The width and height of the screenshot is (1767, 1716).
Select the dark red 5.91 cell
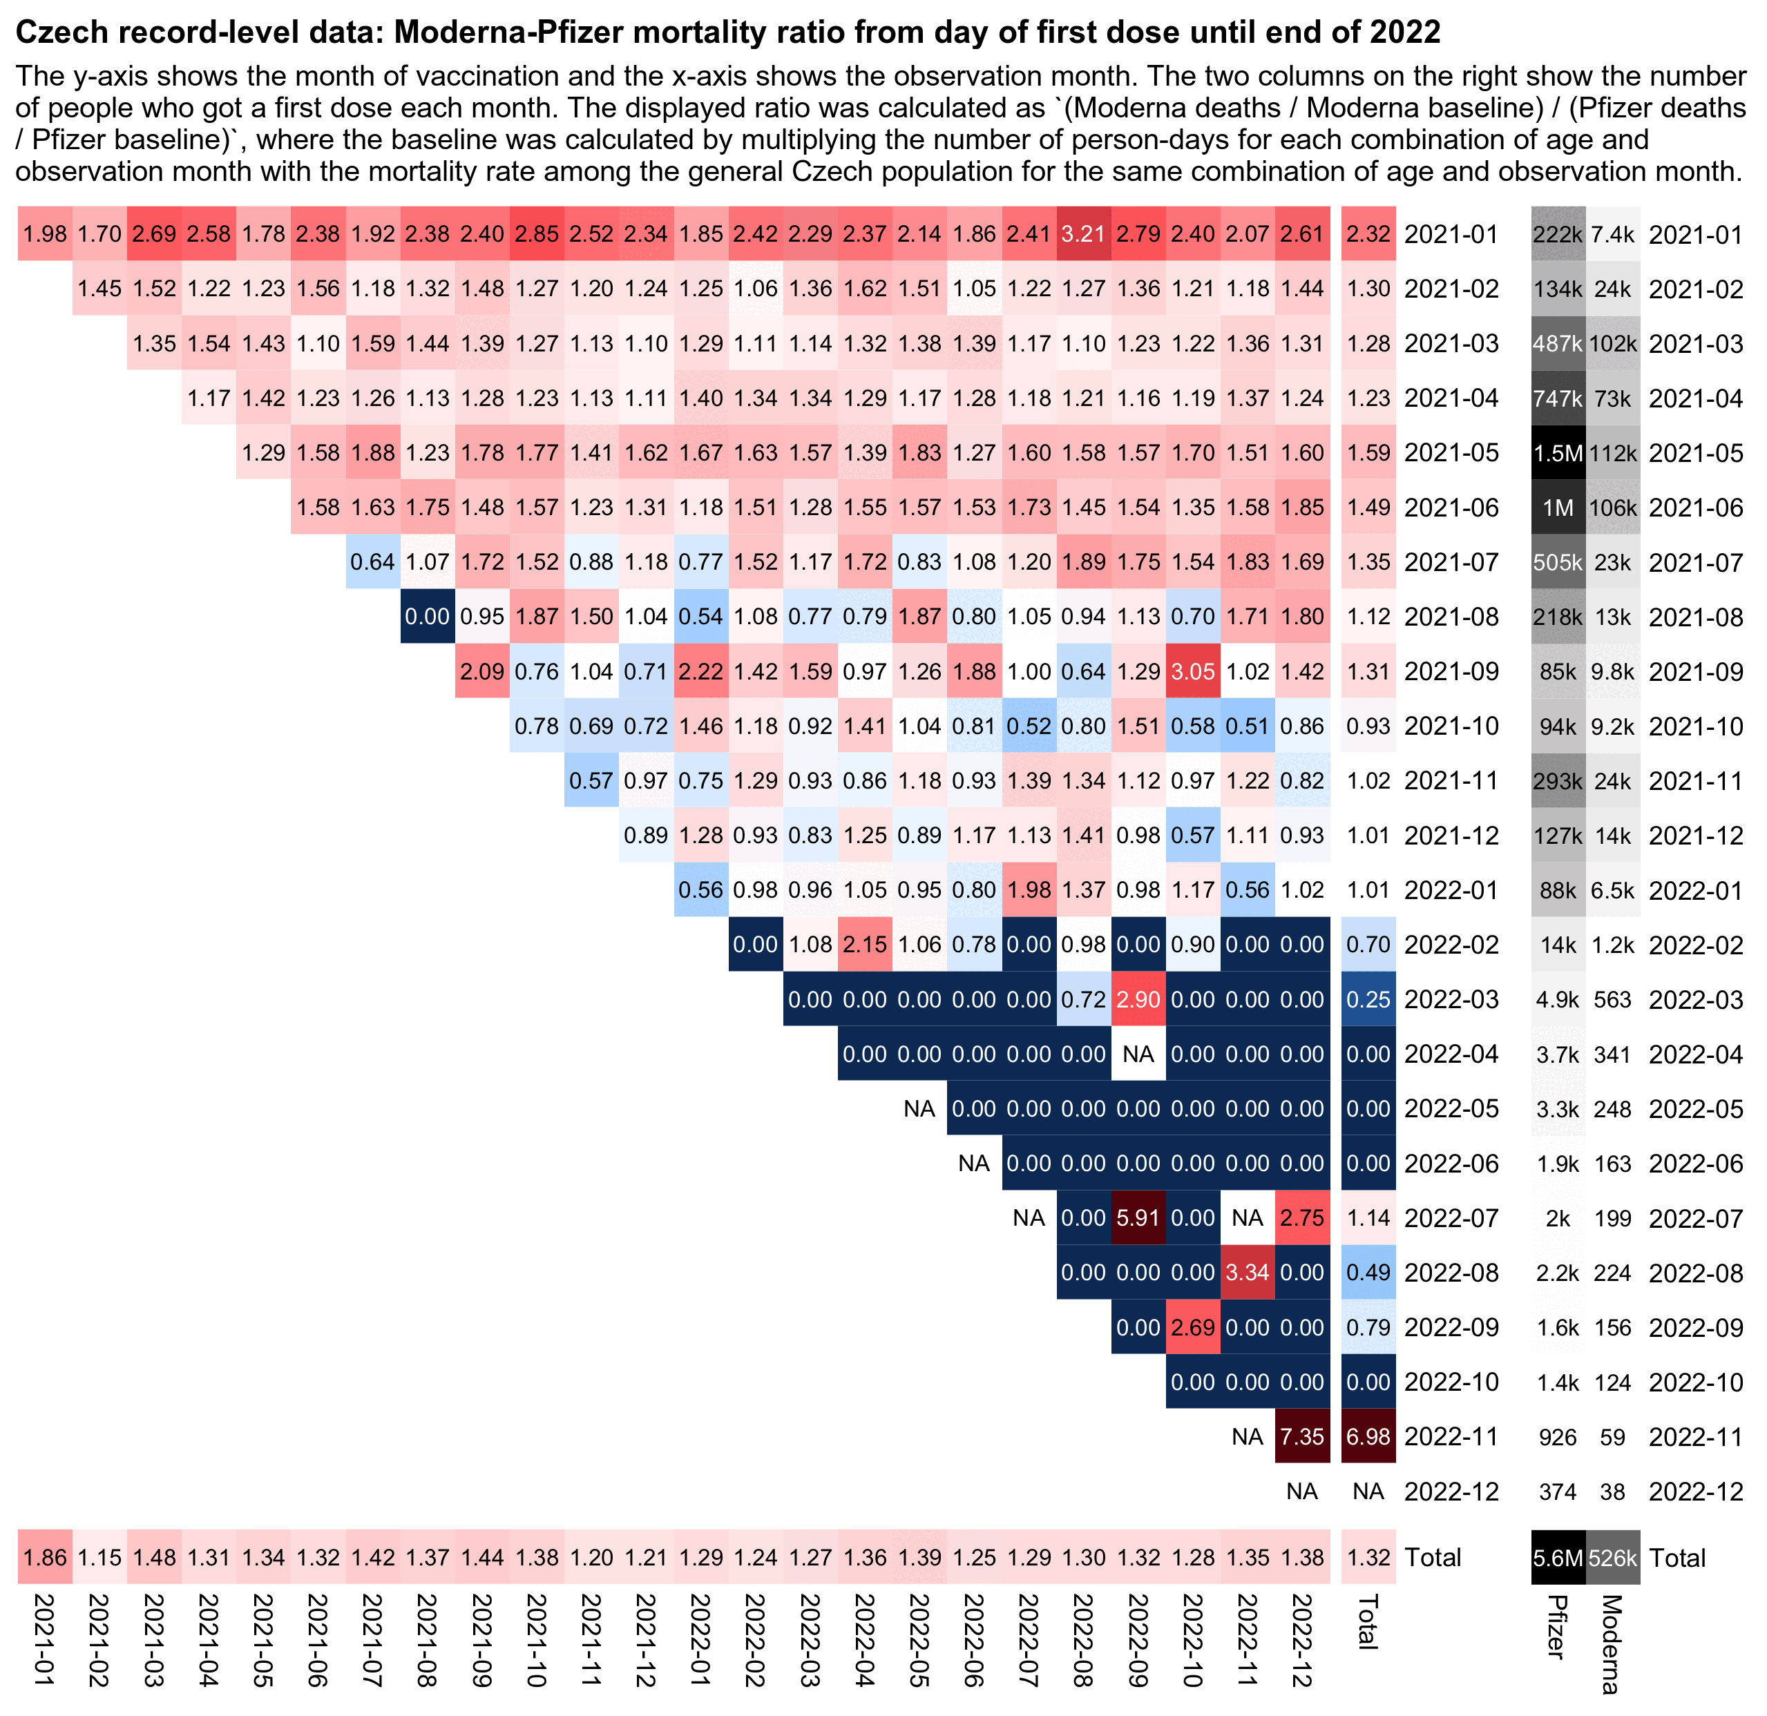click(x=1138, y=1219)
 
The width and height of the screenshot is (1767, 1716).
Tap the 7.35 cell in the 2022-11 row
click(x=1302, y=1436)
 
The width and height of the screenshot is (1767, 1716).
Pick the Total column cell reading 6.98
click(x=1368, y=1436)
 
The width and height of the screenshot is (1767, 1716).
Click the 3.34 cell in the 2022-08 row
click(x=1247, y=1273)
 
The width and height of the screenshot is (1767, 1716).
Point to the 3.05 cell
click(x=1193, y=671)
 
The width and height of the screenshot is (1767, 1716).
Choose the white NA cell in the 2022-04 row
click(x=1138, y=1054)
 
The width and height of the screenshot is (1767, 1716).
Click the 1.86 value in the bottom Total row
click(x=44, y=1557)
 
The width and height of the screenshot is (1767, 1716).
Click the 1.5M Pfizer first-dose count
click(x=1558, y=453)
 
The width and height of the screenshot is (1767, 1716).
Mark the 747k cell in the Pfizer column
click(x=1558, y=398)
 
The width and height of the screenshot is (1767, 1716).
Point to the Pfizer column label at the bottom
click(x=1556, y=1627)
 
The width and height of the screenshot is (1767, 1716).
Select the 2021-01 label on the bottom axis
click(x=44, y=1640)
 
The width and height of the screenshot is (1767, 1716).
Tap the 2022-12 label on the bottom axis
click(x=1302, y=1640)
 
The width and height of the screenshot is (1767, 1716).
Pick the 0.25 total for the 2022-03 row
click(x=1368, y=999)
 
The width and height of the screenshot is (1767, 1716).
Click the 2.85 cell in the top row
click(x=537, y=234)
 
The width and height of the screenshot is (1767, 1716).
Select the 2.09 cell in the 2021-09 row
click(x=482, y=671)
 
